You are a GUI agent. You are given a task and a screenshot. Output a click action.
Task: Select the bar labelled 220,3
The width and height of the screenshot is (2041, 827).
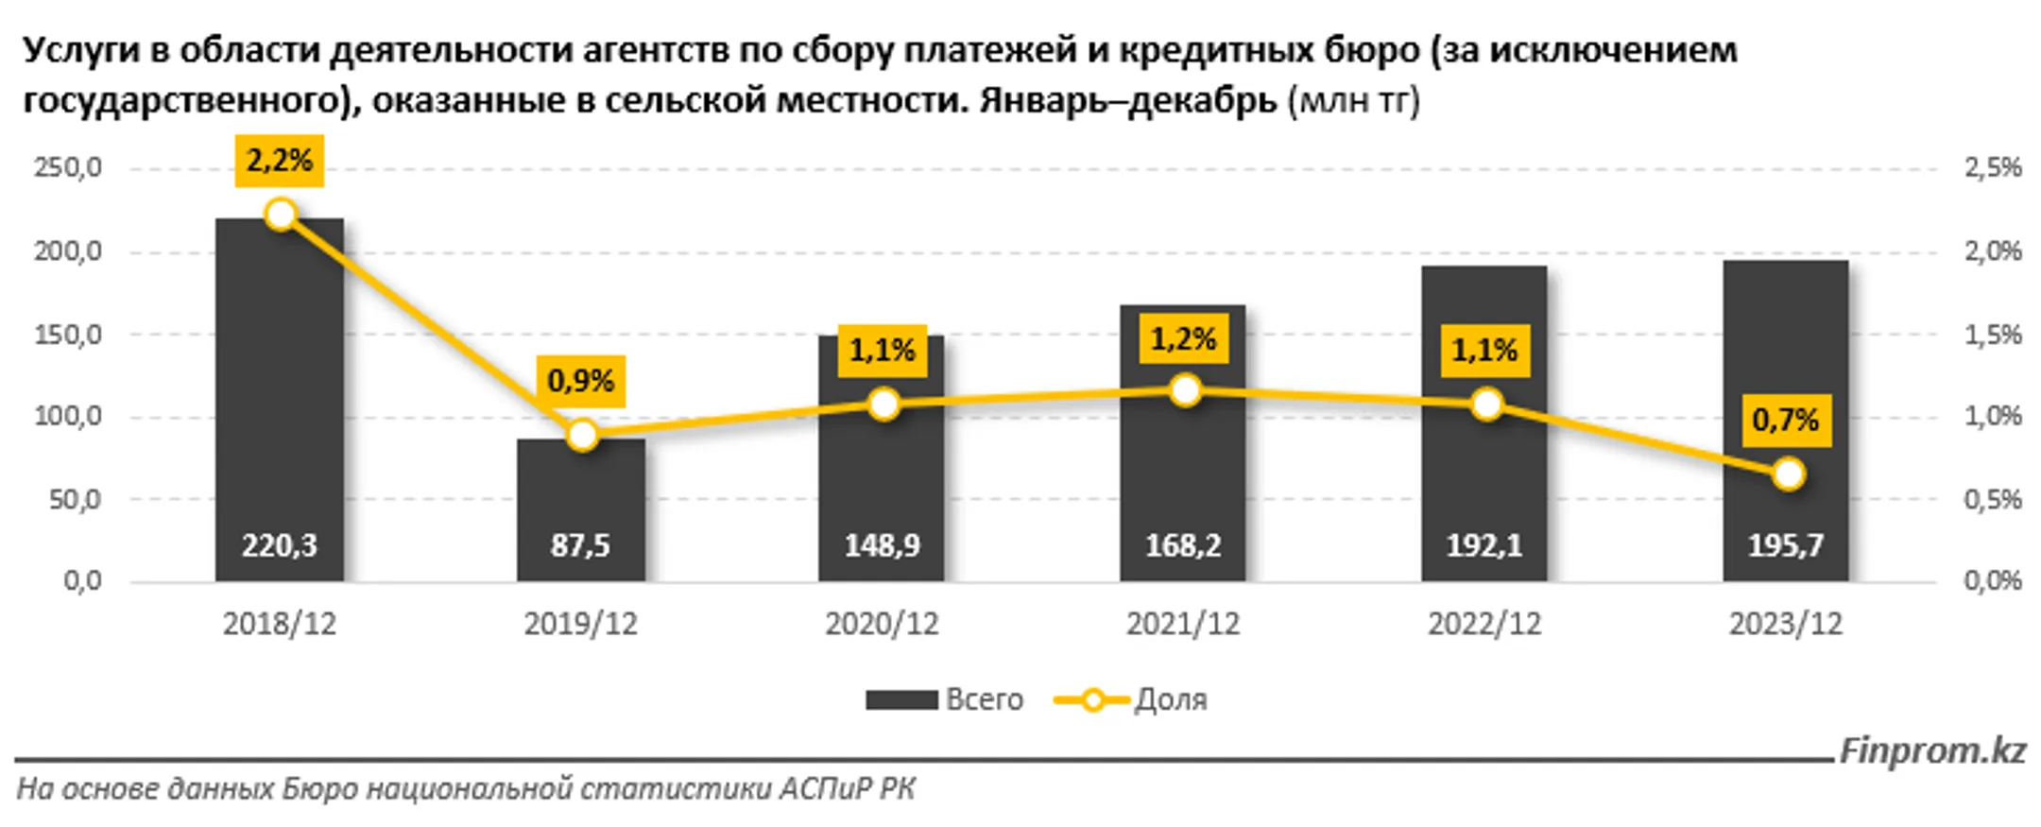tap(280, 397)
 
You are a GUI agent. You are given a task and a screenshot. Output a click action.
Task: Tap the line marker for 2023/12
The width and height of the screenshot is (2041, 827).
tap(1788, 474)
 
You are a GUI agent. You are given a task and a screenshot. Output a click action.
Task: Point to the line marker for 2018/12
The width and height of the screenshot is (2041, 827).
tap(281, 215)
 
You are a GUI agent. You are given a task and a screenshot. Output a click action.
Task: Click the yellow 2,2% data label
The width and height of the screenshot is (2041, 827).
tap(280, 161)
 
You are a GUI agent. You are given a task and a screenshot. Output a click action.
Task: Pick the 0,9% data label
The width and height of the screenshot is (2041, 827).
tap(580, 381)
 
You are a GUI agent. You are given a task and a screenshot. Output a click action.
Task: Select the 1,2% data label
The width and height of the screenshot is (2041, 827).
tap(1183, 338)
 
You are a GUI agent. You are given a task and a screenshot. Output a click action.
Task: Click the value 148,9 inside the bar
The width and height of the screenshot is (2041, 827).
tap(882, 545)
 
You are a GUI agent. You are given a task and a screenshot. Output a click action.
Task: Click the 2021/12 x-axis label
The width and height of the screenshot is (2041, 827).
tap(1183, 624)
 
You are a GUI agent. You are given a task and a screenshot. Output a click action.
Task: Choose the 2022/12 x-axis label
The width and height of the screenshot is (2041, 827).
tap(1484, 624)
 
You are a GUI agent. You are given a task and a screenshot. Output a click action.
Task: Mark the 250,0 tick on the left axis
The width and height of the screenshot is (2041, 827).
tap(68, 168)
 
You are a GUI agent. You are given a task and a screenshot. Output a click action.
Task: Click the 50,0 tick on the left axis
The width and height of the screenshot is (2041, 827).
tap(75, 499)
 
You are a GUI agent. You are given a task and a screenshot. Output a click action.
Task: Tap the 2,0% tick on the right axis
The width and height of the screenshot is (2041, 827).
tap(1993, 251)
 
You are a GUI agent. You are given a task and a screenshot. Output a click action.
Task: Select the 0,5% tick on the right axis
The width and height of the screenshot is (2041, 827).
tap(1993, 499)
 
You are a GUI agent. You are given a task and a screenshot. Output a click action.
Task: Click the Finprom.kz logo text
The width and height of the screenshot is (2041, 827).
tap(1932, 751)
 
